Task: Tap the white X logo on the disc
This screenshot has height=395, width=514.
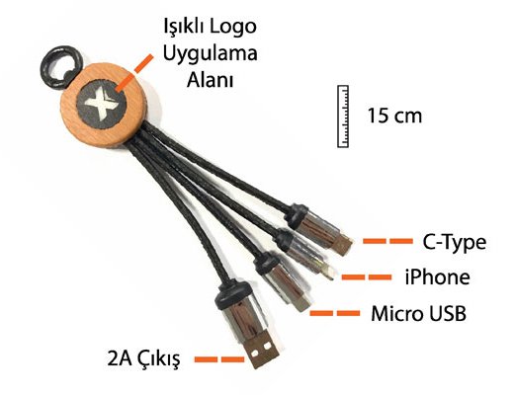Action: (x=101, y=104)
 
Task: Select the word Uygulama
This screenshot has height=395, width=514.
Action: (x=211, y=54)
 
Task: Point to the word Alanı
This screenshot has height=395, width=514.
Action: (x=211, y=80)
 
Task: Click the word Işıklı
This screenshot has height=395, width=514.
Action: (x=185, y=27)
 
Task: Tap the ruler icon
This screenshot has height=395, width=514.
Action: (x=343, y=117)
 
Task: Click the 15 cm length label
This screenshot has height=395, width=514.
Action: (x=394, y=116)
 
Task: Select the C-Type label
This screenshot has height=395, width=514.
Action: (x=454, y=243)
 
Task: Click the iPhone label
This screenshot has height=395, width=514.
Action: (x=438, y=277)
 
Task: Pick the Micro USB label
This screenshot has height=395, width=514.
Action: (x=418, y=314)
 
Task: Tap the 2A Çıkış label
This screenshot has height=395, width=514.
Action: (x=144, y=358)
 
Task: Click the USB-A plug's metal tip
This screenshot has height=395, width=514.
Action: (x=263, y=350)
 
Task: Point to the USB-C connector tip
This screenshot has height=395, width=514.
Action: (x=345, y=244)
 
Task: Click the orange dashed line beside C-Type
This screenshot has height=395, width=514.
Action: (x=387, y=241)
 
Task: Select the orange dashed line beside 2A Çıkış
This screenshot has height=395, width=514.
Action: (x=219, y=359)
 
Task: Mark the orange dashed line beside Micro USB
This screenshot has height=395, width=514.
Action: (x=335, y=313)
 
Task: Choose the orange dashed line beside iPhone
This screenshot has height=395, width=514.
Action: (x=367, y=277)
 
